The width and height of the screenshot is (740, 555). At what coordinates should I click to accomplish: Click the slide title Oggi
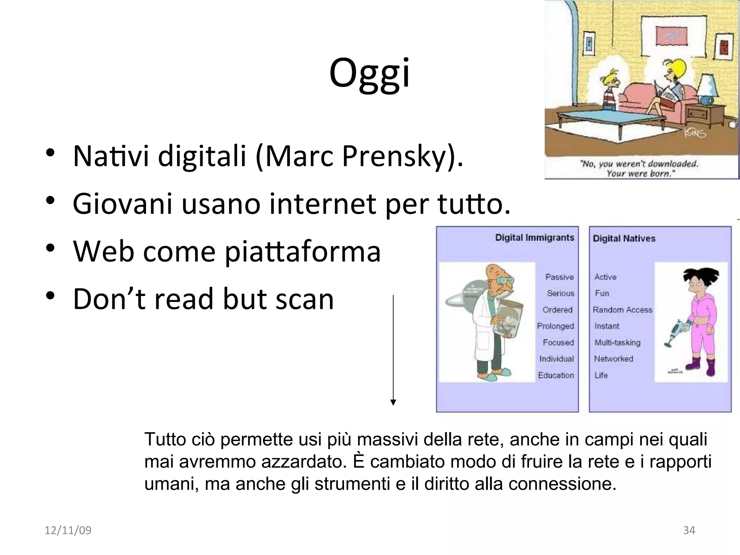(x=369, y=74)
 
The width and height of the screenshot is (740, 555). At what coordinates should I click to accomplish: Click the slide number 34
(x=689, y=530)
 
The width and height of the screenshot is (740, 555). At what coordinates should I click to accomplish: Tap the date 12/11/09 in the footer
(x=68, y=530)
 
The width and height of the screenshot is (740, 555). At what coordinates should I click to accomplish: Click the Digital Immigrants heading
(x=534, y=238)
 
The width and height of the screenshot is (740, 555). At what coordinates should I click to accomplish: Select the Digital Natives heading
(x=624, y=238)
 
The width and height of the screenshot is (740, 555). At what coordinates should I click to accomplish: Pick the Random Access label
(x=622, y=310)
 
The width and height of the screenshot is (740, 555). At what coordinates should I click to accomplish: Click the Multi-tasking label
(x=617, y=343)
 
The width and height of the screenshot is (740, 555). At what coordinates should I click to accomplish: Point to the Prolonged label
(x=555, y=326)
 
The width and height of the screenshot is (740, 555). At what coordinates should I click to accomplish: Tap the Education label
(x=556, y=375)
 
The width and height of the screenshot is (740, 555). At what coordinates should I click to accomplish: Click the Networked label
(x=614, y=359)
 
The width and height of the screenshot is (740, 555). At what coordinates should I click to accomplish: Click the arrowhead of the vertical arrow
(x=393, y=403)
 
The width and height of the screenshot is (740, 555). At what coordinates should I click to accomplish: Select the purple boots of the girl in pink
(x=701, y=367)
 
